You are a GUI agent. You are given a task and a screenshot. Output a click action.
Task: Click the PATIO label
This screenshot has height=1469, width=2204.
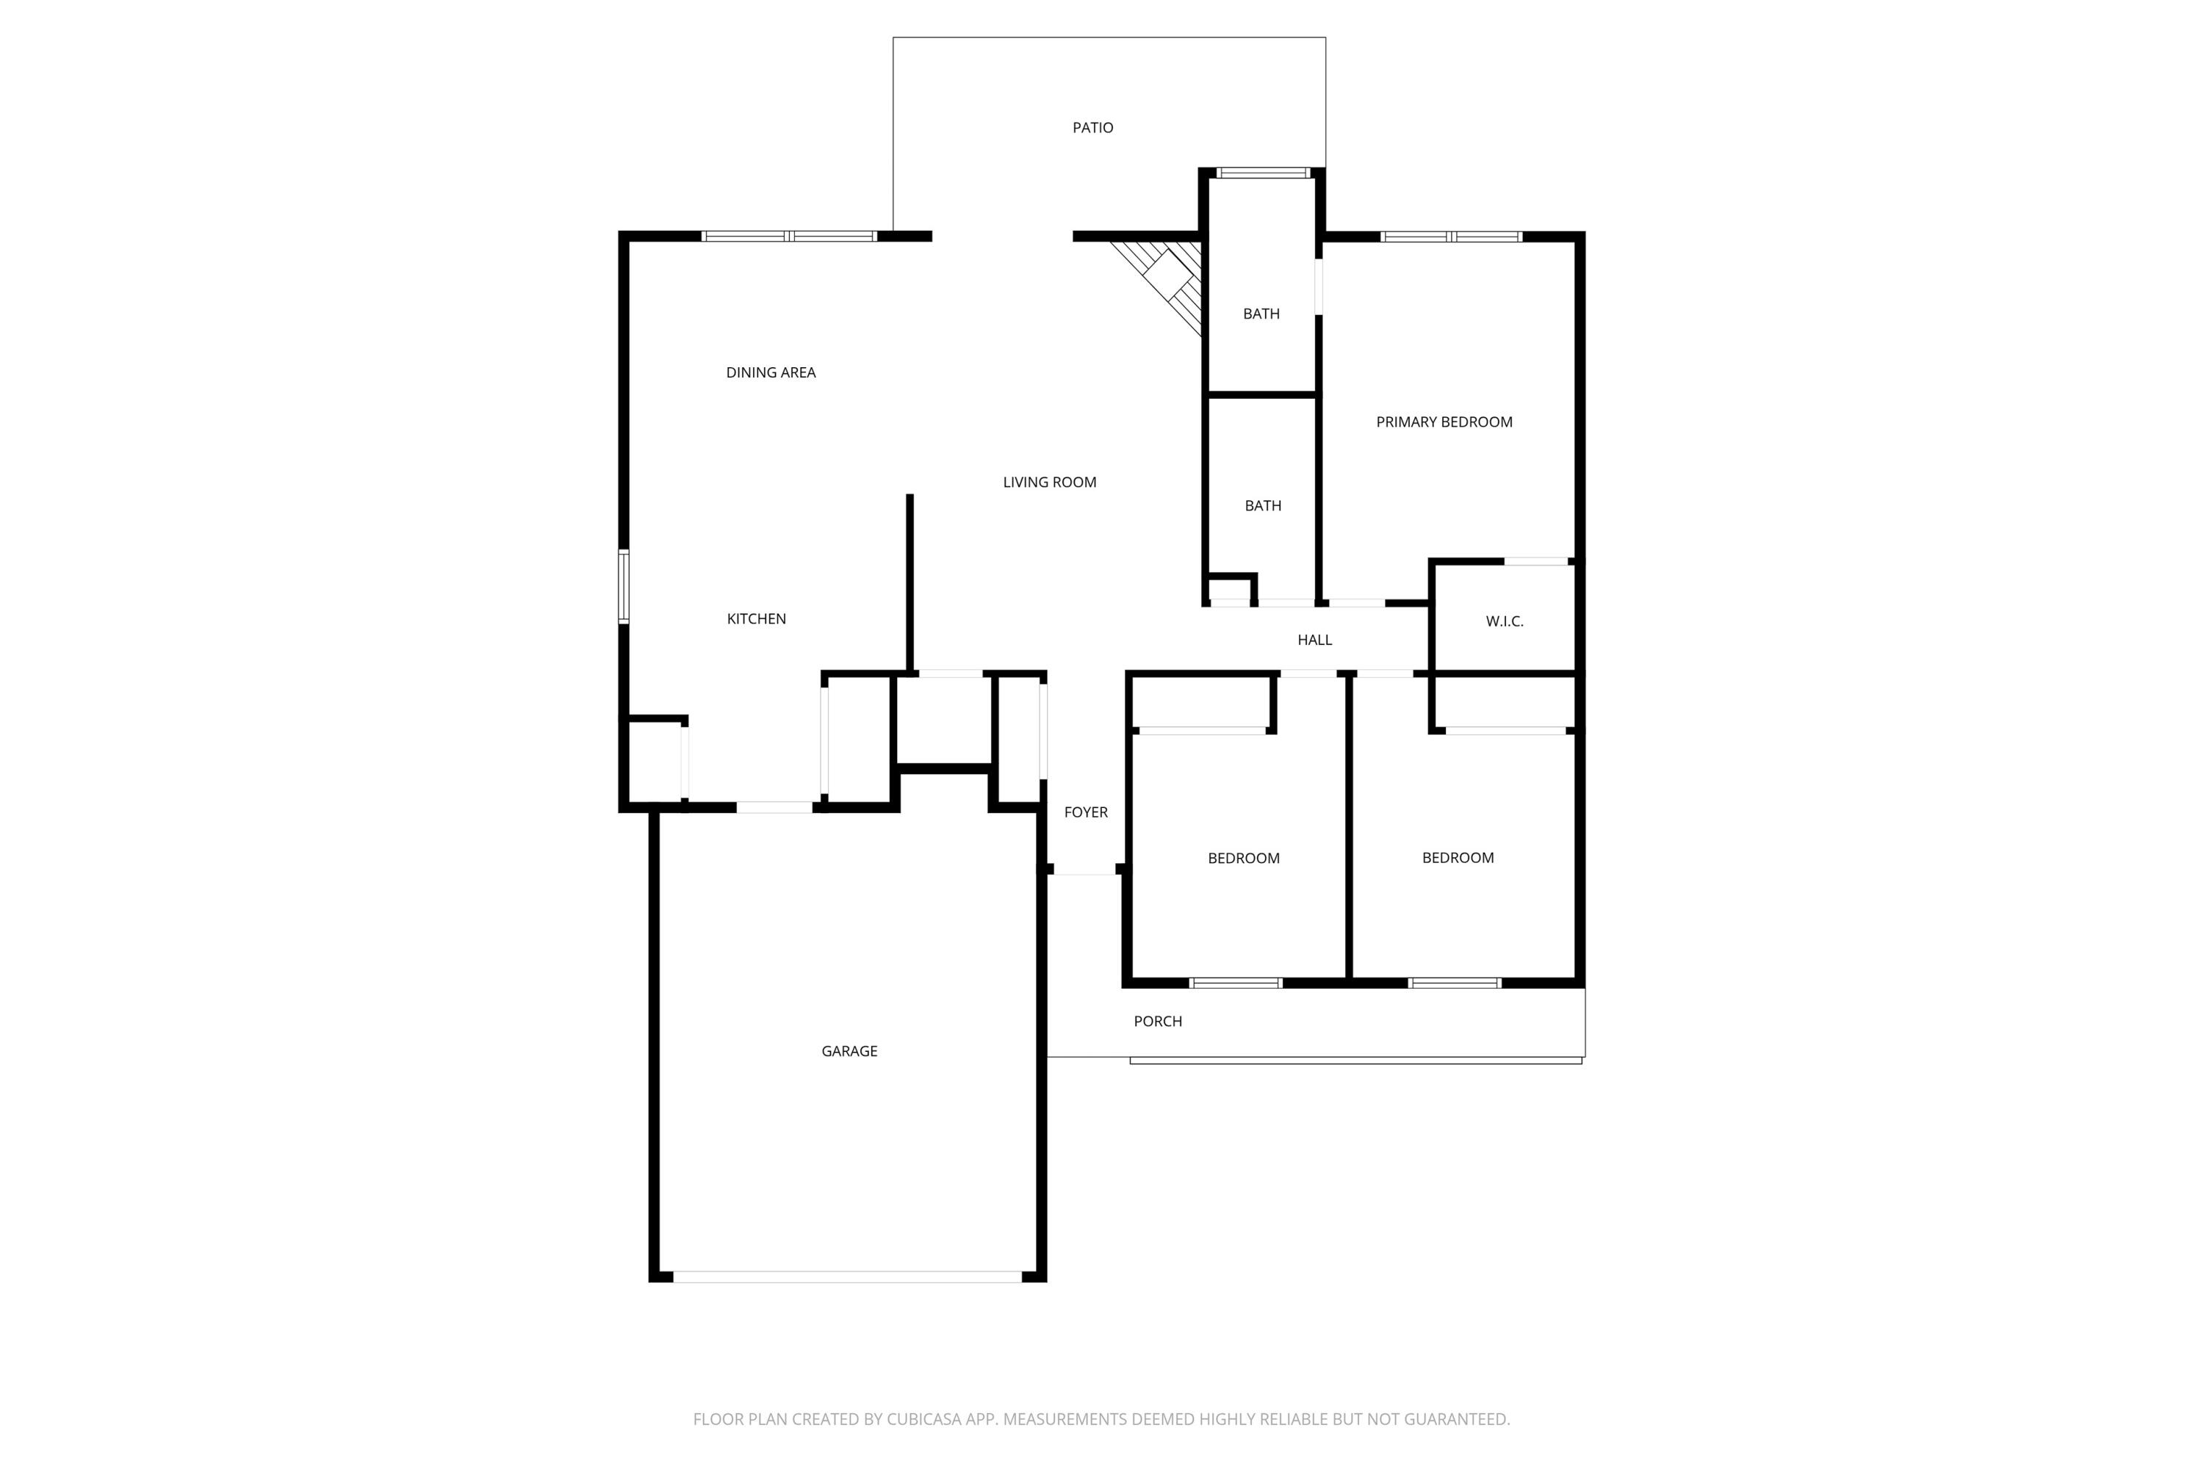pos(1092,127)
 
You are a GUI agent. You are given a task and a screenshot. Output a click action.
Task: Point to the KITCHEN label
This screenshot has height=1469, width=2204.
pos(755,618)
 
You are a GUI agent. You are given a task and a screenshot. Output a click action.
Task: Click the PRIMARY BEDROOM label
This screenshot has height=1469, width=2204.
pos(1443,422)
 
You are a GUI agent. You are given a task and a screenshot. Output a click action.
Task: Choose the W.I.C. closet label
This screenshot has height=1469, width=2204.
pos(1504,621)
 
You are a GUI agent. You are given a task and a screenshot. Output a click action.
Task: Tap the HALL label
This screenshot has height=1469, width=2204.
pos(1314,640)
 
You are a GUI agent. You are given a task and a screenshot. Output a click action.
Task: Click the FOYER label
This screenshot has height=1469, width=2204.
pos(1085,812)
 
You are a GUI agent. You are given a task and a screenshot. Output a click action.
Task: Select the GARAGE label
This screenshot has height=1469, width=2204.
pos(849,1051)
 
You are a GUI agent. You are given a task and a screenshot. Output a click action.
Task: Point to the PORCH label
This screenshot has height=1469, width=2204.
pos(1157,1021)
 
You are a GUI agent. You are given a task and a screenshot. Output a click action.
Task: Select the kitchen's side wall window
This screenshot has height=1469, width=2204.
pos(623,586)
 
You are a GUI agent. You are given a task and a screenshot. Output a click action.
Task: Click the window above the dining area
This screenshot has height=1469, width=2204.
pos(789,236)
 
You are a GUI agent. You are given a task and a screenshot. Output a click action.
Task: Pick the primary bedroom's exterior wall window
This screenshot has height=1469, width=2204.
pos(1450,236)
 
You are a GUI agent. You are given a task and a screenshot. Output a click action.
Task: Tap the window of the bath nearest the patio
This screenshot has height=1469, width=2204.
pos(1262,173)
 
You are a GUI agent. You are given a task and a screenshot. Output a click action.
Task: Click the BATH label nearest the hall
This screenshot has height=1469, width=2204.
pos(1262,506)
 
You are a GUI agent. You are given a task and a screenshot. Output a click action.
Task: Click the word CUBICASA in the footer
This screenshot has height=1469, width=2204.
pos(924,1418)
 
